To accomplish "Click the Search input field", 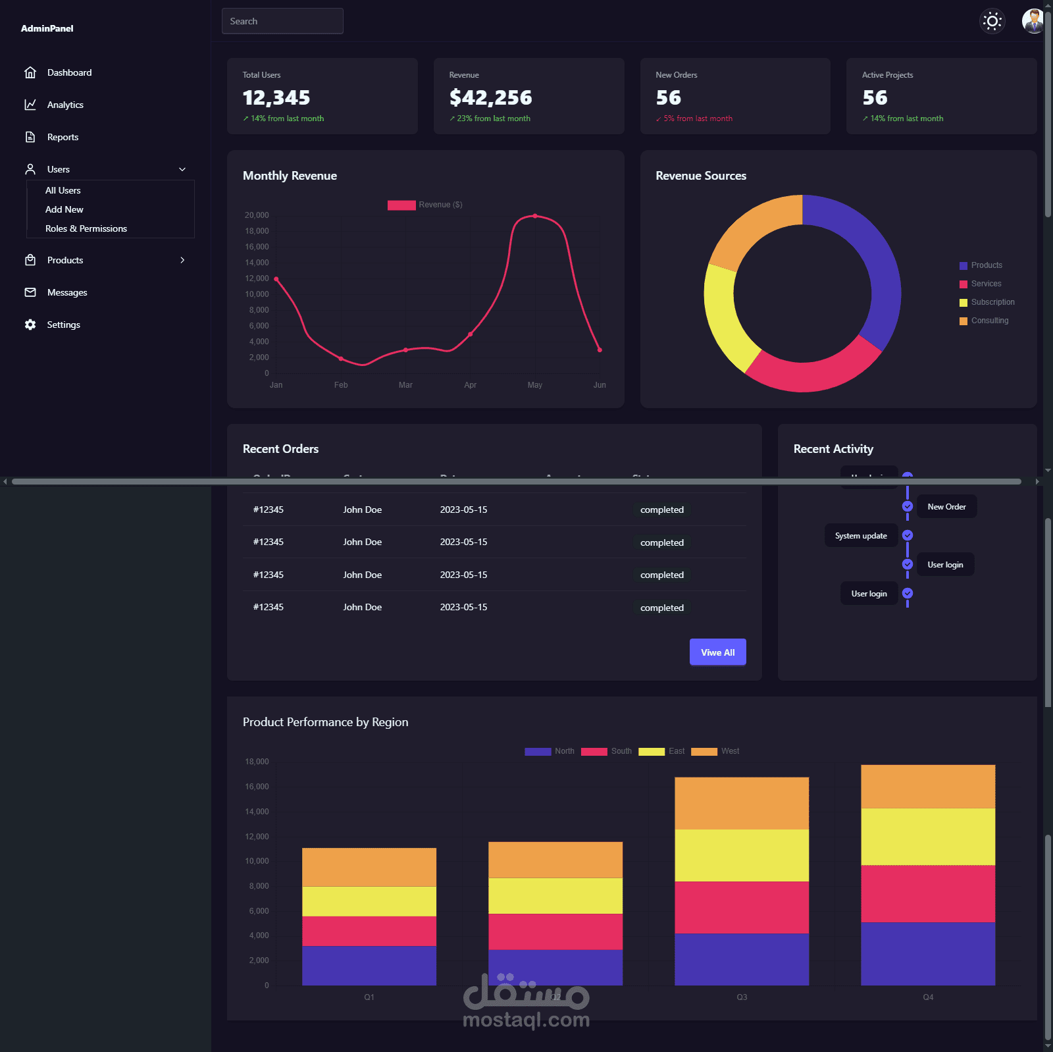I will click(x=282, y=21).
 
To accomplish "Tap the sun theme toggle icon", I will click(x=992, y=21).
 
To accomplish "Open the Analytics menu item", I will click(x=65, y=105).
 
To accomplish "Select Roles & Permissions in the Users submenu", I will click(x=86, y=228).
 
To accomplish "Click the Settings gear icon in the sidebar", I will click(x=30, y=325).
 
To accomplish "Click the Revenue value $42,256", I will click(x=490, y=98).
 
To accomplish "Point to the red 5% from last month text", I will click(x=698, y=118).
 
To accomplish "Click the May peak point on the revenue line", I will click(x=535, y=216).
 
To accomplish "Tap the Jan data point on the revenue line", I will click(x=276, y=279).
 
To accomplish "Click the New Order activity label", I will click(x=946, y=507).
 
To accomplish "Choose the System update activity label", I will click(x=861, y=536).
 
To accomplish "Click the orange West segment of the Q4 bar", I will click(x=928, y=786).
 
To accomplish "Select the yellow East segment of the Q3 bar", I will click(x=742, y=855).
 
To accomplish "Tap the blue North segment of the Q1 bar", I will click(x=369, y=965).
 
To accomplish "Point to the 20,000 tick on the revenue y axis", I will click(x=257, y=215).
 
